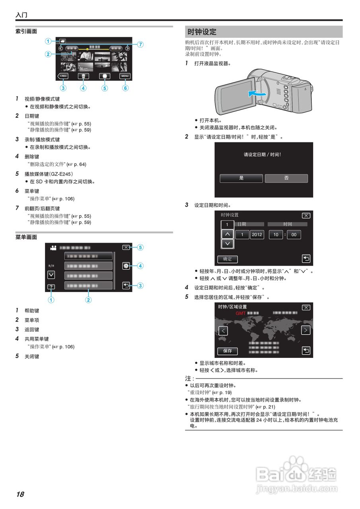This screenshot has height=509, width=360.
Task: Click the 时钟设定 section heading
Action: pyautogui.click(x=202, y=32)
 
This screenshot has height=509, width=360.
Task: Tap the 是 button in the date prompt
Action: pyautogui.click(x=241, y=178)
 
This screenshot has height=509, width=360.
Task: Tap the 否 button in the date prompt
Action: pyautogui.click(x=286, y=178)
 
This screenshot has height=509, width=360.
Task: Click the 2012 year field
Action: pyautogui.click(x=257, y=235)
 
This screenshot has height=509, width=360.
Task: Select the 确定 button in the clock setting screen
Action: pyautogui.click(x=228, y=259)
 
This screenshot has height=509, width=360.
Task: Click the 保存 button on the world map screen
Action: pyautogui.click(x=228, y=351)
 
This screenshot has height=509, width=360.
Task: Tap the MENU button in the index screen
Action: pyautogui.click(x=125, y=76)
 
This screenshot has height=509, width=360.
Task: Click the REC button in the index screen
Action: pyautogui.click(x=62, y=76)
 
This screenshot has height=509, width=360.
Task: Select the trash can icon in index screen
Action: pyautogui.click(x=83, y=76)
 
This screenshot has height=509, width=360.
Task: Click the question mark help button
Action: pyautogui.click(x=51, y=286)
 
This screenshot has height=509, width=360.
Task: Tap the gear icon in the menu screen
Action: pyautogui.click(x=126, y=266)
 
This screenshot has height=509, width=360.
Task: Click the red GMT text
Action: pyautogui.click(x=241, y=313)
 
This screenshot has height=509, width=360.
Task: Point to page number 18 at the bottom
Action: pyautogui.click(x=20, y=494)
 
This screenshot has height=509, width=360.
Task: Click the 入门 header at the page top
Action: pyautogui.click(x=21, y=15)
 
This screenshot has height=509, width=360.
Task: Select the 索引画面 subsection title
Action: pyautogui.click(x=26, y=31)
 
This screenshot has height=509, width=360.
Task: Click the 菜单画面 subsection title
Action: pyautogui.click(x=26, y=237)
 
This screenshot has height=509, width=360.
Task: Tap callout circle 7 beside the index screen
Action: pyautogui.click(x=140, y=45)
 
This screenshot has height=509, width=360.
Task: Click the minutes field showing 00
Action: pyautogui.click(x=294, y=235)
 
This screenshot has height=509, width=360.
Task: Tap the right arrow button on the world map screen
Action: pyautogui.click(x=306, y=330)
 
